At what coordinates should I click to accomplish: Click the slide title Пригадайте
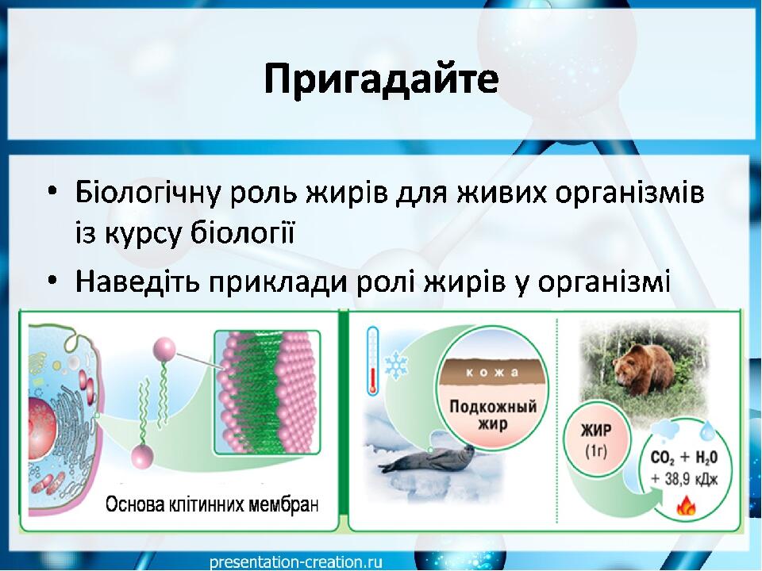point(382,79)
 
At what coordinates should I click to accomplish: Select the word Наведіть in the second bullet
point(137,281)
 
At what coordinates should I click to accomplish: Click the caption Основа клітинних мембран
point(212,505)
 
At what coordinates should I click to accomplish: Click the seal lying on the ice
point(427,458)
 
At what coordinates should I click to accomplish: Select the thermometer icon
point(373,359)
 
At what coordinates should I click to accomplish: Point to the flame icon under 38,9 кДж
point(686,506)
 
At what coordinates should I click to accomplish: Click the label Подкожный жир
point(493,415)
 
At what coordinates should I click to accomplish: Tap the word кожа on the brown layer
point(492,373)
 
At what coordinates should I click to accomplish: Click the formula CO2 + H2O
point(683,458)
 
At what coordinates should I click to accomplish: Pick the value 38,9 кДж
point(684,479)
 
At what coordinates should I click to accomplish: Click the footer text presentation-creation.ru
point(296,562)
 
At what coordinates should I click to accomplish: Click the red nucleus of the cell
point(42,421)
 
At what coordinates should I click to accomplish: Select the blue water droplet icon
point(707,430)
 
